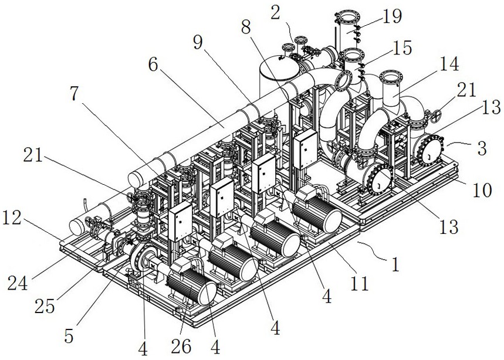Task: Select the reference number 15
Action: [402, 47]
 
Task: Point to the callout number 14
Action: [449, 63]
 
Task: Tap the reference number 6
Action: [153, 65]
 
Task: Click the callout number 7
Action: [74, 93]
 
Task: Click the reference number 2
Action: [275, 13]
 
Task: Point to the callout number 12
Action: [12, 218]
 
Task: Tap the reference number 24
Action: [18, 283]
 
